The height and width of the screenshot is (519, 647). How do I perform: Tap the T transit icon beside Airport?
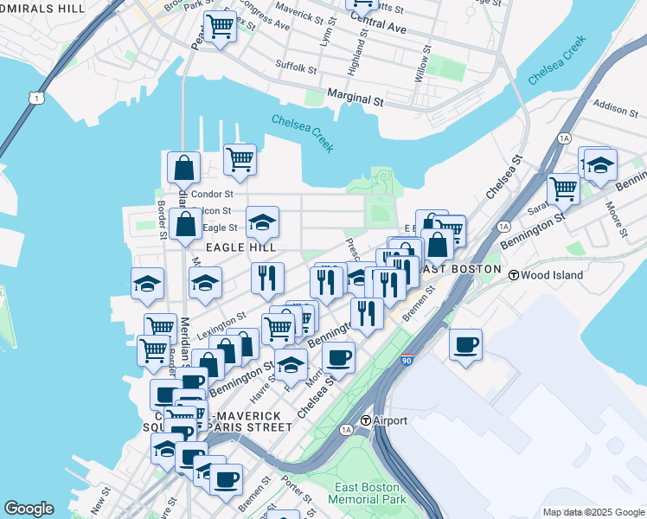tap(366, 420)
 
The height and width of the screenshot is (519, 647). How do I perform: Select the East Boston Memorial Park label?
tap(368, 494)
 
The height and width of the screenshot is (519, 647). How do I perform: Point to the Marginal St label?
tap(355, 99)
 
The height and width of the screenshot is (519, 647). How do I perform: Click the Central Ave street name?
tap(379, 25)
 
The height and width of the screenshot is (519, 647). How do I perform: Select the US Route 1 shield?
tap(35, 99)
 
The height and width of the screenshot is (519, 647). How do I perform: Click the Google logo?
tap(29, 509)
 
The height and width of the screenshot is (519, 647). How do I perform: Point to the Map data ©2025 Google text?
tap(593, 512)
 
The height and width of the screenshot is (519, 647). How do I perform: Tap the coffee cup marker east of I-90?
tap(465, 345)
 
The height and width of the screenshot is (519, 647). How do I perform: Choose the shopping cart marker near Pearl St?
tap(220, 28)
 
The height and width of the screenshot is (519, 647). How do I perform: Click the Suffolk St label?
tap(297, 64)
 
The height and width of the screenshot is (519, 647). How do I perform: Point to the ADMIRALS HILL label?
tap(43, 7)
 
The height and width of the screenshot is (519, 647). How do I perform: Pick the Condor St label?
tap(213, 195)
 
